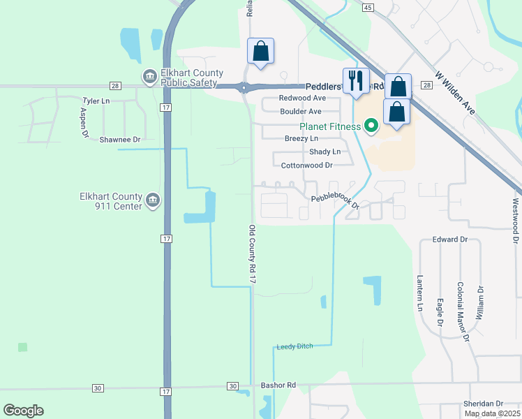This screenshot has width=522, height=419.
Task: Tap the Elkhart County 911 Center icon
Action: (x=154, y=201)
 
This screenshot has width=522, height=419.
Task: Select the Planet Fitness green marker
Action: (x=371, y=126)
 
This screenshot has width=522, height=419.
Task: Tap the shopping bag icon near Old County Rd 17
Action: (x=261, y=51)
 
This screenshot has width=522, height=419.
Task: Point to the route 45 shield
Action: (x=368, y=6)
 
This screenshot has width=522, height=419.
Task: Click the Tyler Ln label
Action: (x=96, y=101)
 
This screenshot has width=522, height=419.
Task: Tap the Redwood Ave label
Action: (x=302, y=98)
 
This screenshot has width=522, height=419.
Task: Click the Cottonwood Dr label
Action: (x=306, y=166)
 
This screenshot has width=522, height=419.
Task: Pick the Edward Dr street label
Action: (x=449, y=240)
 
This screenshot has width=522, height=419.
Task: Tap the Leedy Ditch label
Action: (x=294, y=346)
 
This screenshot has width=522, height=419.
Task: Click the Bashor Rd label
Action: (x=278, y=385)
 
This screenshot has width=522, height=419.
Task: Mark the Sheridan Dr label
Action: (x=483, y=404)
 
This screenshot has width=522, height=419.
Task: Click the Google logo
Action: (x=23, y=411)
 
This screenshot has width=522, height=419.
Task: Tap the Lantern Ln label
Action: (x=421, y=293)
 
